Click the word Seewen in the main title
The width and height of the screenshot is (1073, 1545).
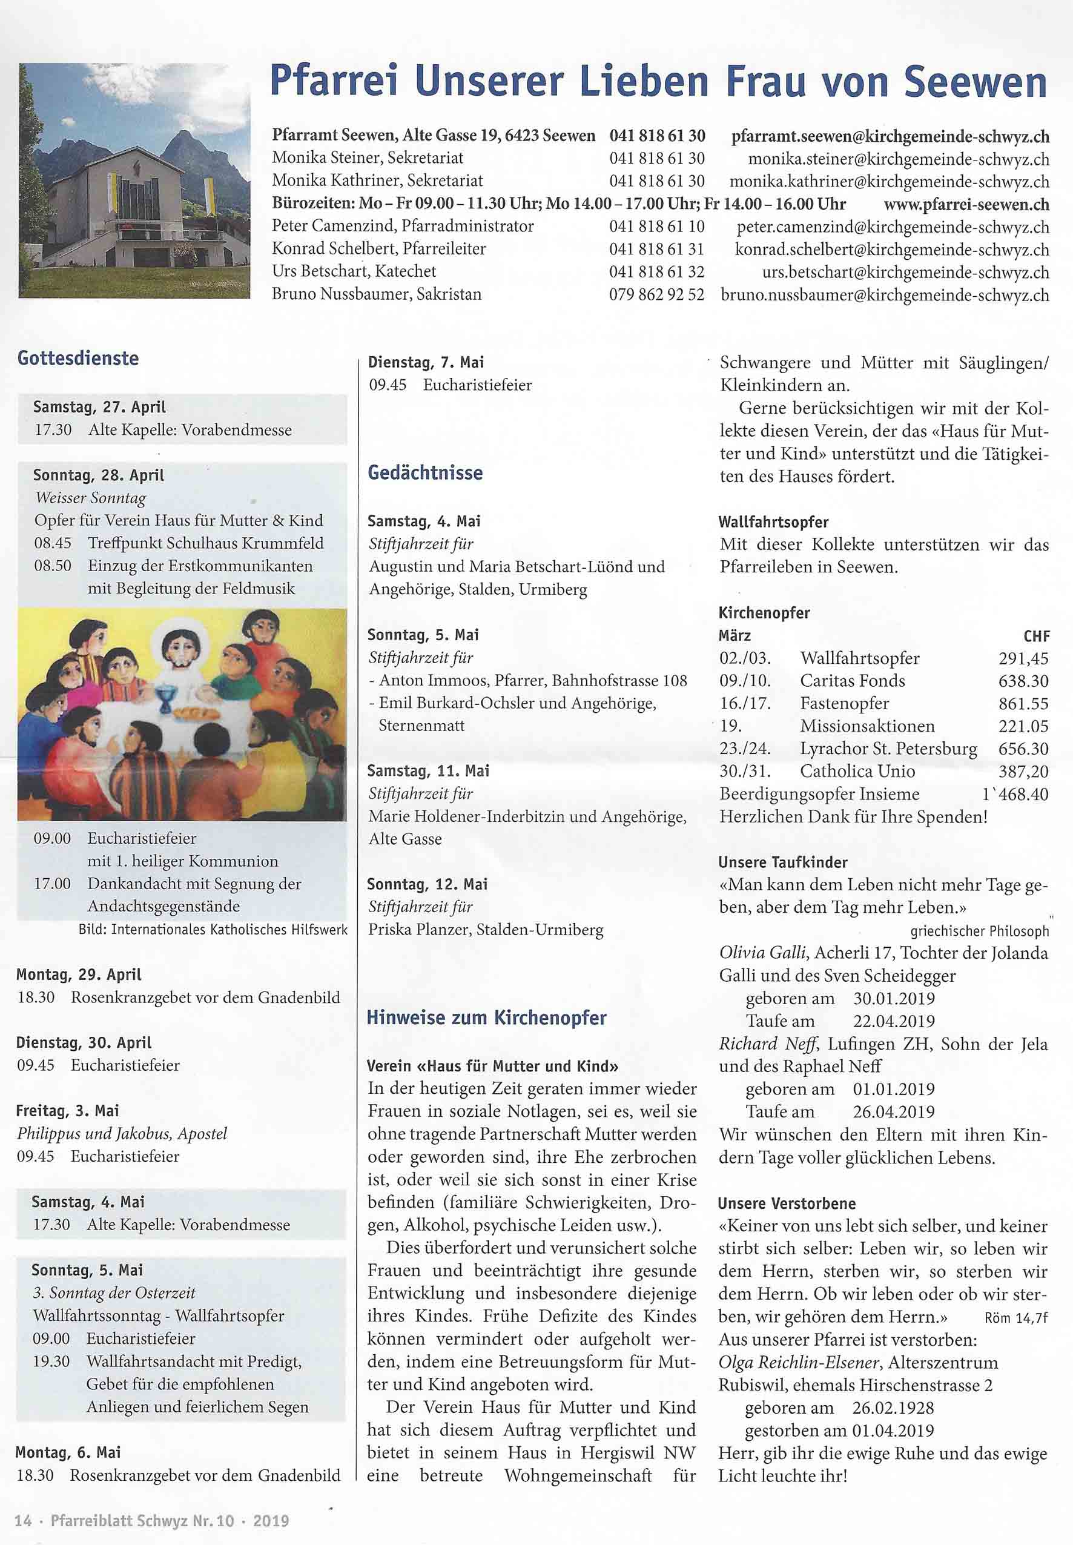click(x=974, y=84)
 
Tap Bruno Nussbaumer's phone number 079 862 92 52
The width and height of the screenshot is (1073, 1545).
click(x=656, y=294)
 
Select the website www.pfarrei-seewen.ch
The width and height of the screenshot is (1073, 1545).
click(x=966, y=204)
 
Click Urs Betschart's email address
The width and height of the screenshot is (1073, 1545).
click(x=905, y=273)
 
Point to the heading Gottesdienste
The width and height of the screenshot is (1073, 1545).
click(x=78, y=359)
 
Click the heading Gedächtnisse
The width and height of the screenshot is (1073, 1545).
click(x=425, y=472)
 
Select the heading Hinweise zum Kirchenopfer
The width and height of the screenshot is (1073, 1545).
click(x=486, y=1018)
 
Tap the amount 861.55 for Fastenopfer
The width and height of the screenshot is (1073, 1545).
click(x=1023, y=703)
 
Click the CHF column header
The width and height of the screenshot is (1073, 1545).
click(x=1035, y=636)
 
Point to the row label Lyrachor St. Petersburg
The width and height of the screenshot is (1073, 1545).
click(x=888, y=749)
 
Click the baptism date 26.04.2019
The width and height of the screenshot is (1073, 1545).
click(x=894, y=1112)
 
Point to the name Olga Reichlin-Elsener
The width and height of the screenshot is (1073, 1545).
click(x=799, y=1363)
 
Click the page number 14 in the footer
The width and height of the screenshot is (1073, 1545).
click(x=23, y=1520)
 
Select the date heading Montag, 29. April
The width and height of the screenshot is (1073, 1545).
click(x=79, y=974)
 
